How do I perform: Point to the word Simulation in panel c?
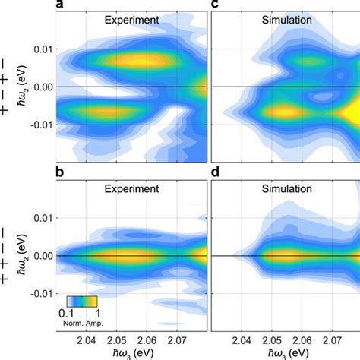click(x=285, y=21)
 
